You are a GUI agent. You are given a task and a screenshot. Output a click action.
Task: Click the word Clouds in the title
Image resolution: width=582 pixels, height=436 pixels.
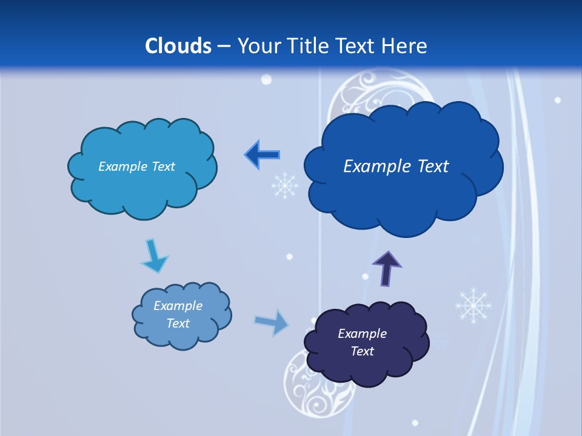[x=178, y=46]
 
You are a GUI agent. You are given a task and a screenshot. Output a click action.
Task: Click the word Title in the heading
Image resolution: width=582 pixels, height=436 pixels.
[x=309, y=46]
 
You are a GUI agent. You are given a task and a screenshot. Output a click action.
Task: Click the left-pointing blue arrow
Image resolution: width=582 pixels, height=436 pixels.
[x=263, y=155]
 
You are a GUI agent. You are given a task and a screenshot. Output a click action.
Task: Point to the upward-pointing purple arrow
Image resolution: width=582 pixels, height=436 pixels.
[x=387, y=267]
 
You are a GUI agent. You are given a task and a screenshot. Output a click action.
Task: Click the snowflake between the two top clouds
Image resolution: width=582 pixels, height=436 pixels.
[x=284, y=185]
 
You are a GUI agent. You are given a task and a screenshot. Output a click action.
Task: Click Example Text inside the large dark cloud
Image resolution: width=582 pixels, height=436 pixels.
[x=396, y=167]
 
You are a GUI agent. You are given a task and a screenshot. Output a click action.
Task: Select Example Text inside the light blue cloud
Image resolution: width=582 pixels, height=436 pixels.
[x=136, y=167]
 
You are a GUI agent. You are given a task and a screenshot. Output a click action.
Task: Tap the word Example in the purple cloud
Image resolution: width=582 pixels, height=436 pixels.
[x=362, y=334]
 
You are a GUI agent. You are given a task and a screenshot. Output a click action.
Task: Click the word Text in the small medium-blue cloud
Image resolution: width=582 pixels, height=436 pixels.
[x=178, y=323]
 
